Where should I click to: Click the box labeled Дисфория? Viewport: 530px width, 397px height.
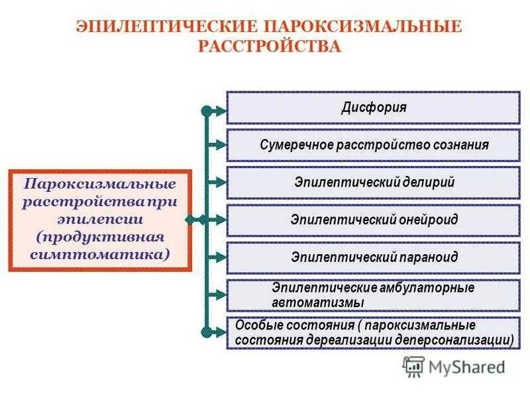tap(373, 107)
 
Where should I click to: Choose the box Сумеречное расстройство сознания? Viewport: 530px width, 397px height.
tap(373, 145)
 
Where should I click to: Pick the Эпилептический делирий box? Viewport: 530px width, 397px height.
tap(373, 183)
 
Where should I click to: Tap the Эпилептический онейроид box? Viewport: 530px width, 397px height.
tap(373, 220)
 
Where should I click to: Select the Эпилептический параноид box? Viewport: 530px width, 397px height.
tap(373, 257)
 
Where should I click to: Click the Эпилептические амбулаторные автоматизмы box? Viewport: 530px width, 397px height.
tap(373, 295)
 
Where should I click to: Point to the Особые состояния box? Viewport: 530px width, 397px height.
tap(373, 333)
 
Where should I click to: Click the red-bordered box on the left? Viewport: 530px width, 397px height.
tap(100, 220)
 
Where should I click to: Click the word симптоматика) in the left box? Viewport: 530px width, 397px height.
tap(100, 254)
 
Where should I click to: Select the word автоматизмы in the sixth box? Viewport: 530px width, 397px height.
tap(318, 302)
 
